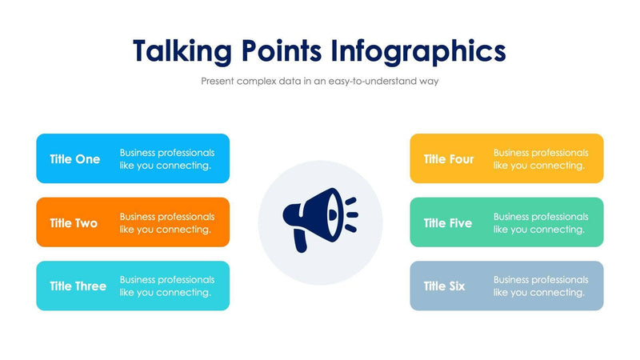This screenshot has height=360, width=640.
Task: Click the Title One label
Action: pyautogui.click(x=75, y=159)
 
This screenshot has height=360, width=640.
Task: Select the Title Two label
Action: pyautogui.click(x=74, y=223)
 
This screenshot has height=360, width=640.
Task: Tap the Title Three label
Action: pyautogui.click(x=78, y=286)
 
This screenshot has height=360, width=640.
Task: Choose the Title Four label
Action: pyautogui.click(x=449, y=159)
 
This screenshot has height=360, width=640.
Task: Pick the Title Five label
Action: pyautogui.click(x=448, y=223)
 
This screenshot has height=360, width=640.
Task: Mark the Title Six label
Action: pyautogui.click(x=445, y=286)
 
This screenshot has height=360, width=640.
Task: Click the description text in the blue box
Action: pyautogui.click(x=167, y=158)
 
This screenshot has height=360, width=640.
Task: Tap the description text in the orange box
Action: pyautogui.click(x=167, y=222)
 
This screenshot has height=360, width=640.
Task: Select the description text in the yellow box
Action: pyautogui.click(x=541, y=158)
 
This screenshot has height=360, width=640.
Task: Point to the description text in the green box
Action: pyautogui.click(x=541, y=222)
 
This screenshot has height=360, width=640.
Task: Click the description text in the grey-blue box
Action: pyautogui.click(x=541, y=286)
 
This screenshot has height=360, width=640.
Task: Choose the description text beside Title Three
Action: pyautogui.click(x=167, y=286)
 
